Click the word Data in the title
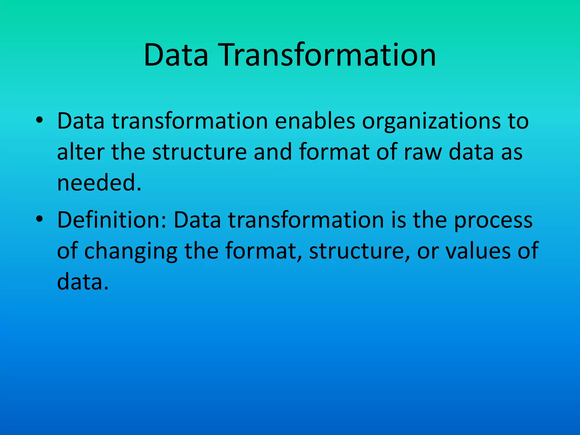176,55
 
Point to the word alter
80,152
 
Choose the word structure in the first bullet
199,152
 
